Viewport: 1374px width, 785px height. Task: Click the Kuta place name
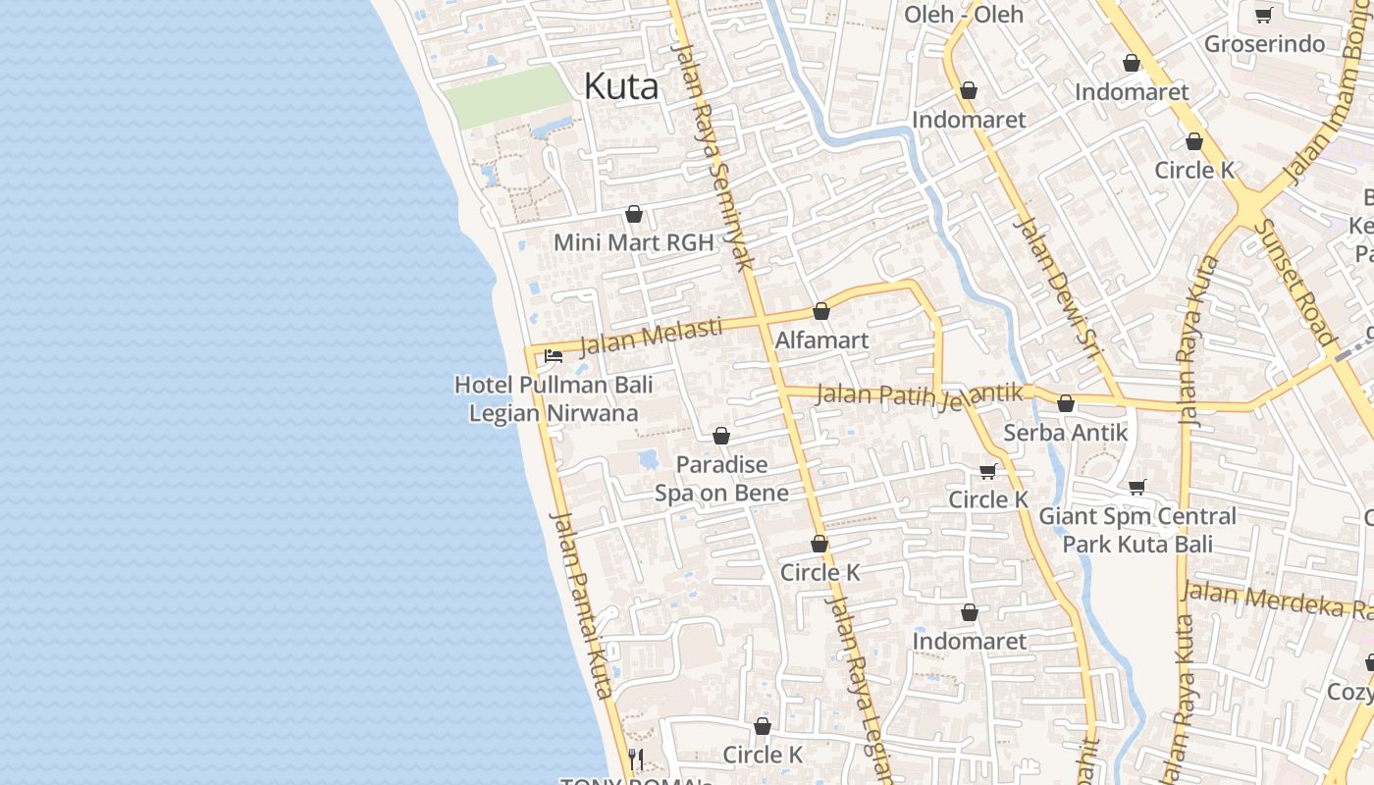(x=620, y=86)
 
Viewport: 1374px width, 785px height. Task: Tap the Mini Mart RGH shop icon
(x=634, y=214)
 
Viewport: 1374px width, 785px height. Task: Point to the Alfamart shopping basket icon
(x=821, y=311)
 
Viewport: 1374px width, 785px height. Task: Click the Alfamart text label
(x=821, y=340)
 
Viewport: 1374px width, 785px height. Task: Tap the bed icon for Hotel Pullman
(x=554, y=356)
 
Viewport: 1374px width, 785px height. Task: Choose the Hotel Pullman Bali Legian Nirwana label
(x=554, y=398)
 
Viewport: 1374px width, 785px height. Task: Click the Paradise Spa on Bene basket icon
(x=721, y=436)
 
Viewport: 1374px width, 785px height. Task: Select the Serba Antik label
(x=1066, y=432)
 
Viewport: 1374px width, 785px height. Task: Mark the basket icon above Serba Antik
(x=1066, y=403)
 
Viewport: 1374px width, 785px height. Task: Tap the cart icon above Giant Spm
(x=1137, y=487)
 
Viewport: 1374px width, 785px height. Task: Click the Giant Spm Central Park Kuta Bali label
(x=1137, y=530)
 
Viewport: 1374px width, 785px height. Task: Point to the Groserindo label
(x=1264, y=44)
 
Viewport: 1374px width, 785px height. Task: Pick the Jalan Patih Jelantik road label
(x=920, y=395)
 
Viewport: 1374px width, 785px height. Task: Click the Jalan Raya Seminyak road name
(x=713, y=157)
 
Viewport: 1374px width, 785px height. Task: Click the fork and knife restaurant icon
(x=636, y=759)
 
